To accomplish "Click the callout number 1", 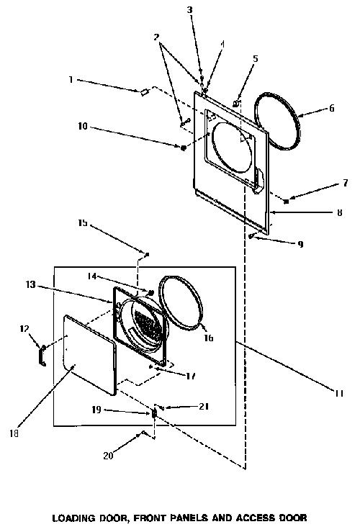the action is click(x=71, y=80).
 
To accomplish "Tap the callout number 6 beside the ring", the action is click(x=331, y=108).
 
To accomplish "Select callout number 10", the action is click(x=83, y=127).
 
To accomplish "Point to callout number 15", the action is click(x=83, y=223).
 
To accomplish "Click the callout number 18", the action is click(x=14, y=433).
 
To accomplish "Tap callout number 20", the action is click(x=108, y=455).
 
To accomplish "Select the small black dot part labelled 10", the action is click(x=183, y=148).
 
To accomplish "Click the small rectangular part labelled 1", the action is click(x=145, y=91).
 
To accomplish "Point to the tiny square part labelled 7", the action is click(x=287, y=202).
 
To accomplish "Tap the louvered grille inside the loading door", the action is click(x=148, y=325).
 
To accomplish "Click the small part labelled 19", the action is click(x=153, y=414).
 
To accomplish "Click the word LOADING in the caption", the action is click(x=73, y=518).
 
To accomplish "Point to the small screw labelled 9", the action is click(x=251, y=236).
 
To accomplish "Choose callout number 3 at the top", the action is click(x=190, y=10).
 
